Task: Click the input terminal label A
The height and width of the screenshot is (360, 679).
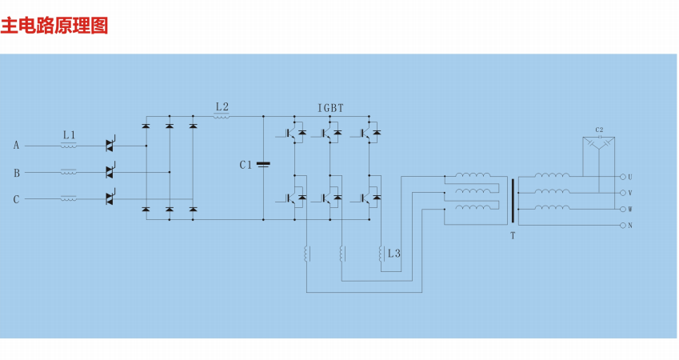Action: [x=16, y=146]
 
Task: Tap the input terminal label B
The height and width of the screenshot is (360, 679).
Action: [x=16, y=173]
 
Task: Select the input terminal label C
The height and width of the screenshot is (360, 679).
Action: [x=16, y=199]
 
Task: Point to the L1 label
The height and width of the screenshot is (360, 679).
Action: [x=70, y=133]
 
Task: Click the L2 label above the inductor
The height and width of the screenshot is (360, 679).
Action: [x=222, y=106]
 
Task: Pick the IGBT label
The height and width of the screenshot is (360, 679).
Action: [x=331, y=107]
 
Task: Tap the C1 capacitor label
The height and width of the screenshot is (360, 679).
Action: [x=246, y=165]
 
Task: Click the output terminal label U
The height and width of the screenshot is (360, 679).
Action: [x=630, y=177]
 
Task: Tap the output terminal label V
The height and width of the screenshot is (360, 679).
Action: [x=630, y=193]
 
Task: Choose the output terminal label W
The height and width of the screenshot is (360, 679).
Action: [x=630, y=210]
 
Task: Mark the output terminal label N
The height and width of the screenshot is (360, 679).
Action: [x=630, y=226]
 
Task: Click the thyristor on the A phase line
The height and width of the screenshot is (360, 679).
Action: [x=110, y=145]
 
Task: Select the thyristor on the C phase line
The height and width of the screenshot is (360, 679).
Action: [x=110, y=198]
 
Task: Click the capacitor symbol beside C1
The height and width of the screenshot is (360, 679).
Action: [x=264, y=165]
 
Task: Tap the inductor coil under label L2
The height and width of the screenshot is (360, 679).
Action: [x=222, y=117]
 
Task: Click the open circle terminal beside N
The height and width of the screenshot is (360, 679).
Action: [x=621, y=226]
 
